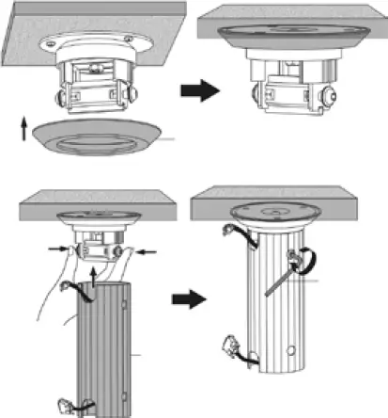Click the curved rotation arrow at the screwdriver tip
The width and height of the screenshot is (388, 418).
[302, 265]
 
